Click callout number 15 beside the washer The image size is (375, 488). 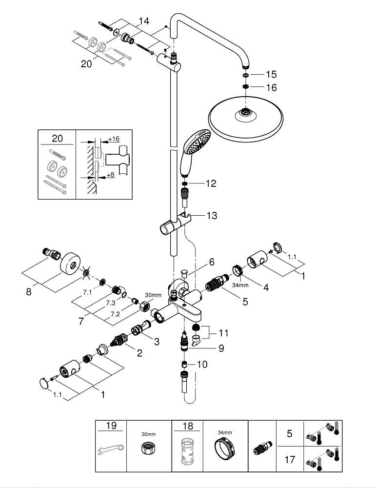[271, 75]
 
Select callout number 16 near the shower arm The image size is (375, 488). [271, 88]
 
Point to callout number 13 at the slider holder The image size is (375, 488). [212, 216]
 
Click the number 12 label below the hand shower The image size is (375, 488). [211, 183]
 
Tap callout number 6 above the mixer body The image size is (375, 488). [212, 262]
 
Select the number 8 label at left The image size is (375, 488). [28, 292]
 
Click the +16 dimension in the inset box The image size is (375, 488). [113, 139]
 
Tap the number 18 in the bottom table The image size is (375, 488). [187, 426]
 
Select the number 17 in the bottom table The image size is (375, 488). [290, 459]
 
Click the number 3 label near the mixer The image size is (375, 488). [157, 342]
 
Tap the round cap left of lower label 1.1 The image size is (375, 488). [44, 384]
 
